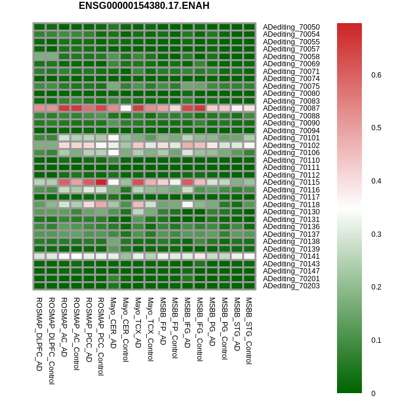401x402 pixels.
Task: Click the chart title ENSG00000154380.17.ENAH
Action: (144, 6)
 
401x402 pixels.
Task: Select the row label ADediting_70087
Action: (291, 108)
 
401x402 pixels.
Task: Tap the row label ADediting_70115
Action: (291, 182)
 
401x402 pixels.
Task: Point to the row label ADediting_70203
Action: (291, 286)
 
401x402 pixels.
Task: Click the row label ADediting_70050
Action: (291, 27)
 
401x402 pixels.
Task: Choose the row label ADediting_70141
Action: (291, 256)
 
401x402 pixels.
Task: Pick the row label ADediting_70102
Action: (291, 145)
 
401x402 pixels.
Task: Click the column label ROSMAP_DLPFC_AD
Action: (39, 334)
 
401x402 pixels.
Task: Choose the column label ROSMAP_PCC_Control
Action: (101, 336)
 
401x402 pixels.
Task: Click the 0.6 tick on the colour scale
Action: (376, 75)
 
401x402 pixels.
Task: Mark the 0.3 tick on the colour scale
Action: (376, 234)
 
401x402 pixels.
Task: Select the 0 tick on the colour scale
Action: (373, 393)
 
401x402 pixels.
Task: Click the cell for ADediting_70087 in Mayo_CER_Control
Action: (126, 108)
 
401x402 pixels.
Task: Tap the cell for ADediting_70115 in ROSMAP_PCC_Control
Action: (101, 182)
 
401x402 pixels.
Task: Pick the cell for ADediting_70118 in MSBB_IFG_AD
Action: (187, 204)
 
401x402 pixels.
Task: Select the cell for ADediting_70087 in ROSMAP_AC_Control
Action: (76, 108)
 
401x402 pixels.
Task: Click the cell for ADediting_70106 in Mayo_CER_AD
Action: (113, 153)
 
